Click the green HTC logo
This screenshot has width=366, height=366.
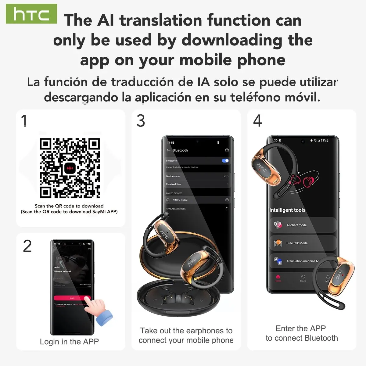[x=31, y=14]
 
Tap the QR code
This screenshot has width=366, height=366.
[x=70, y=168]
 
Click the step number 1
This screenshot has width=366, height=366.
[x=24, y=120]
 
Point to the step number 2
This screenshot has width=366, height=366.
[x=27, y=246]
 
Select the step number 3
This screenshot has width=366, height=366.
[x=141, y=121]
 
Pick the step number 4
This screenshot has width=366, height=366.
[x=257, y=121]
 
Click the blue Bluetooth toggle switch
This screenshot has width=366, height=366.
[x=225, y=161]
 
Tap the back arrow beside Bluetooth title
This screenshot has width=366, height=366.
[x=168, y=150]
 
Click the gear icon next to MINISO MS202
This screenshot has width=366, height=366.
[x=227, y=200]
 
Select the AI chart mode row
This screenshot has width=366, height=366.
[x=302, y=225]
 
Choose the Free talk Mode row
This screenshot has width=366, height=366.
[x=302, y=243]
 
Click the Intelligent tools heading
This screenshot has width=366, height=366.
[x=287, y=210]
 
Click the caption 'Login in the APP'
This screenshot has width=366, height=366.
[x=69, y=342]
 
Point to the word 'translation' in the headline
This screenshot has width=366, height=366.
[x=161, y=20]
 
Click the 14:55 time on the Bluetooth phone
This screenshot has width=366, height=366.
[x=171, y=142]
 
